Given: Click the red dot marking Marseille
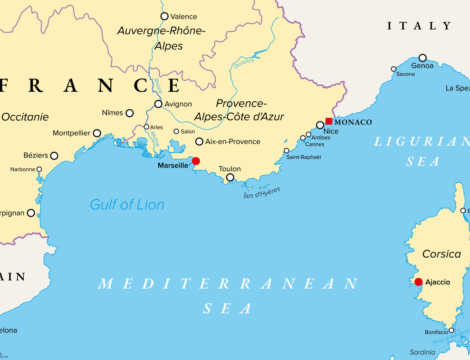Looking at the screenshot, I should (196, 160).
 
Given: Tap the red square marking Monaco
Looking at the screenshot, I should (328, 121).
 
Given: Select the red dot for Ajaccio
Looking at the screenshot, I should (418, 281).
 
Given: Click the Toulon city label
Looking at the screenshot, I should (229, 169).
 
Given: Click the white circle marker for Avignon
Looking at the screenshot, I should (158, 103).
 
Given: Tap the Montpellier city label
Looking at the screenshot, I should (70, 132).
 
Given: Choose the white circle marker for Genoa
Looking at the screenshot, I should (422, 58).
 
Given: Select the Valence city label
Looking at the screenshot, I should (184, 16).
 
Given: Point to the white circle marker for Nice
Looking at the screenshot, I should (320, 125).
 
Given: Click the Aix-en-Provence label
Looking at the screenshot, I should (235, 141).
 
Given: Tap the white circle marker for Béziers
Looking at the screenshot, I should (54, 155).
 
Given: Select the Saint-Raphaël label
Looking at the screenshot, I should (304, 157).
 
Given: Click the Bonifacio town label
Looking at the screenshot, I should (436, 331).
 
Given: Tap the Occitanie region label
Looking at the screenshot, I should (25, 117).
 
